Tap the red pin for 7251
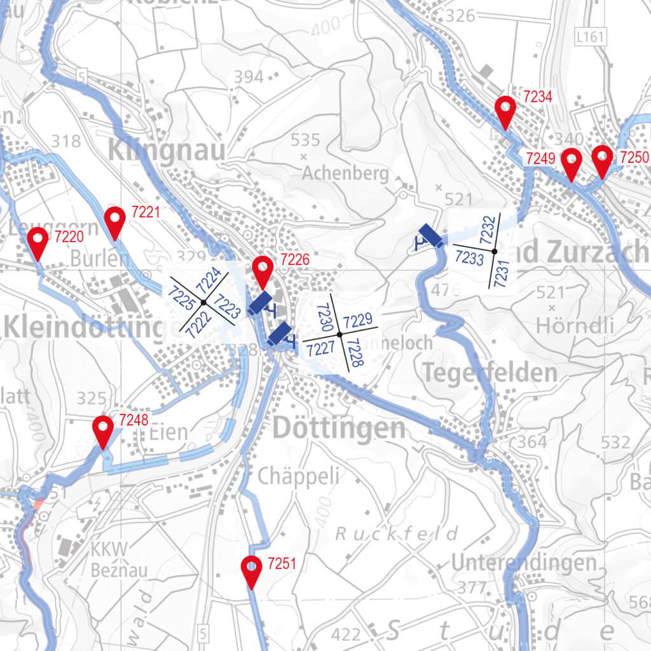tap(252, 571)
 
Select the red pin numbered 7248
tap(103, 430)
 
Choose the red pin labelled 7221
tap(114, 222)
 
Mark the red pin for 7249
tap(571, 163)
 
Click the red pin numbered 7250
tap(602, 161)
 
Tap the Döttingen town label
tap(339, 428)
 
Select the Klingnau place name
tap(167, 151)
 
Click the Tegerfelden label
tap(490, 373)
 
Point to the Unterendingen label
tap(524, 563)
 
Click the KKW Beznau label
tap(119, 560)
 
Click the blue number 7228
tap(356, 352)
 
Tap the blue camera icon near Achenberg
tap(430, 236)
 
